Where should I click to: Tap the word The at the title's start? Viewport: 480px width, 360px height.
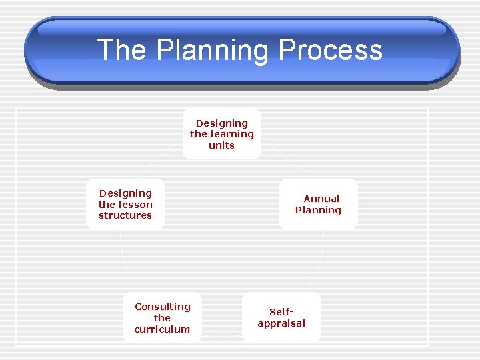(x=121, y=51)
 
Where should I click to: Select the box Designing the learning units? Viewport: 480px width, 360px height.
(x=221, y=134)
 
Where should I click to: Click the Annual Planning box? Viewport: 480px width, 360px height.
(x=318, y=204)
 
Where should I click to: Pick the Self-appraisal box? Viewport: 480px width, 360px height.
(x=281, y=317)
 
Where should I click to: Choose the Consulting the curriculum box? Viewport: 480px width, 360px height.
(x=162, y=317)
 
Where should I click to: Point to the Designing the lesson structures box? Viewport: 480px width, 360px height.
(x=125, y=204)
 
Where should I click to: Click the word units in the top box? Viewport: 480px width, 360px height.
(x=221, y=145)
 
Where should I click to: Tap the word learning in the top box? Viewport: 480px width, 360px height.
(x=231, y=134)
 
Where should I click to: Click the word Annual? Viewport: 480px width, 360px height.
(x=321, y=199)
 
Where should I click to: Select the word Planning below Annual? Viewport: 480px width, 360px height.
(x=318, y=210)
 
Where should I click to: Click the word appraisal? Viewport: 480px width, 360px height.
(x=281, y=323)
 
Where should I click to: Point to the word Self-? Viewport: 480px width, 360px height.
(x=281, y=312)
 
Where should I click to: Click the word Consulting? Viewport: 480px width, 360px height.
(x=162, y=307)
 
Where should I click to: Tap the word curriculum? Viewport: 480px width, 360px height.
(x=162, y=329)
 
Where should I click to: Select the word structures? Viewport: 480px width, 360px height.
(x=125, y=215)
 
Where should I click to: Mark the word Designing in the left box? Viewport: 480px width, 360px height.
(x=125, y=193)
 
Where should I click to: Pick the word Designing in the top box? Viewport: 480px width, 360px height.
(x=221, y=123)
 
